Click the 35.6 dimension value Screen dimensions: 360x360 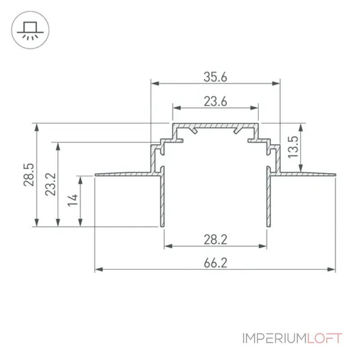pos(216,77)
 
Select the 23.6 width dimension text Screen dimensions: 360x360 pos(216,102)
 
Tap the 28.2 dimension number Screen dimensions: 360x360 pos(216,239)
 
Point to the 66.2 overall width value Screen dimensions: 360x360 pos(216,263)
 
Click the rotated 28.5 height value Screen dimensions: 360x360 pos(29,175)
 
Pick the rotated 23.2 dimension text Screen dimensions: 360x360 pos(50,184)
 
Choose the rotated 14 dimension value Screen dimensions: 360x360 pos(72,200)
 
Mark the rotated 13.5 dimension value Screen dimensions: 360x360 pos(293,147)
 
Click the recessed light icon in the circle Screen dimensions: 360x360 pos(30,31)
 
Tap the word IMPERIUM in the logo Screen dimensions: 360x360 pos(274,338)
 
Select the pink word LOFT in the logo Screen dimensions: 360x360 pos(324,338)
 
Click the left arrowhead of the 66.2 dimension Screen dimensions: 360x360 pos(99,269)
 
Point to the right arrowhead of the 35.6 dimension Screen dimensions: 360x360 pos(276,83)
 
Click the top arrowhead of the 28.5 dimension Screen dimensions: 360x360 pos(36,127)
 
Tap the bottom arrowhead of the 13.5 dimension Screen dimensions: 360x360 pos(301,168)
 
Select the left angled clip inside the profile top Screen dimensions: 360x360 pos(193,130)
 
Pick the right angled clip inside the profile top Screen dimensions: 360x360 pos(238,130)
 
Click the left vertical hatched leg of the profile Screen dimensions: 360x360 pos(162,197)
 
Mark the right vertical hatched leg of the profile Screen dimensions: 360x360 pos(269,197)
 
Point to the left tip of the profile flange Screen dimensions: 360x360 pos(95,175)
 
